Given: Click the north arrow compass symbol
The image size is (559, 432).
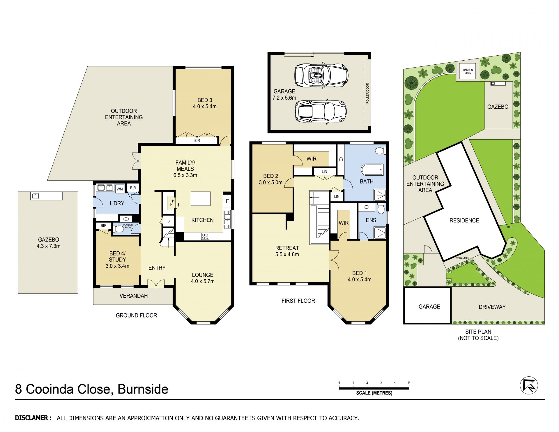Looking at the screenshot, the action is (x=529, y=386).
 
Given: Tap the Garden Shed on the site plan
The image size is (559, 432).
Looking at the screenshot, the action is (x=468, y=71).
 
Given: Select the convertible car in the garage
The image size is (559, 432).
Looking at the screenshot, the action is (x=321, y=75).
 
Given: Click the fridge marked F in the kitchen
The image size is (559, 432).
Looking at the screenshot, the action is (x=227, y=201).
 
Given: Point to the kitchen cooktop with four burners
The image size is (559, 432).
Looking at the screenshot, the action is (x=205, y=236).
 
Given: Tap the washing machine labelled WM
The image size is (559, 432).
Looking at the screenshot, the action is (x=120, y=189).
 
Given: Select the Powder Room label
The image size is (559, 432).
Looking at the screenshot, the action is (x=128, y=226).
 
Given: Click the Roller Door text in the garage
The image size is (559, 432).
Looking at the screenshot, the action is (x=367, y=93).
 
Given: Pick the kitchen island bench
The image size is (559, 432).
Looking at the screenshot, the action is (x=201, y=199).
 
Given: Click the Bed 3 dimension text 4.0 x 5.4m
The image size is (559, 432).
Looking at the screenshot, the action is (x=205, y=107).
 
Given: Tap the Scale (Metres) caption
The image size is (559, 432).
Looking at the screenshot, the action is (x=374, y=393).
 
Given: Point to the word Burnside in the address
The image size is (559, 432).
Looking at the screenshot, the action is (x=143, y=389).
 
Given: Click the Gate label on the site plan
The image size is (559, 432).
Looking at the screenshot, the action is (x=510, y=227).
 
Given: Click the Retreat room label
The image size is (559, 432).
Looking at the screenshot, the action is (x=287, y=248).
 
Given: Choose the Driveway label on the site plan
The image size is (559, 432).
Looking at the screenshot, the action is (x=492, y=307).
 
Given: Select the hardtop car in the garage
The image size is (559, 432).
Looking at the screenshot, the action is (x=321, y=112).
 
